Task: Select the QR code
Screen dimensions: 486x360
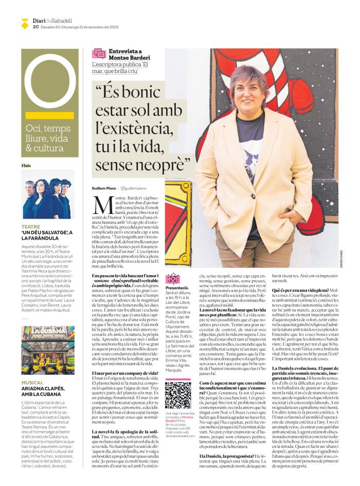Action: click(178, 395)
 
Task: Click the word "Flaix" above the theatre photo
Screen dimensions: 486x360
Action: click(26, 166)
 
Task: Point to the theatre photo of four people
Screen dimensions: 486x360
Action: click(48, 195)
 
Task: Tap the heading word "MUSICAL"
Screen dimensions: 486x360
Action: click(32, 383)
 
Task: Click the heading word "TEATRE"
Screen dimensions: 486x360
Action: click(30, 227)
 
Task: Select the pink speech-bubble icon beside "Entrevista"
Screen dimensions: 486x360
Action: click(99, 54)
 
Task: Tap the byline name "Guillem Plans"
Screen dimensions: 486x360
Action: click(104, 189)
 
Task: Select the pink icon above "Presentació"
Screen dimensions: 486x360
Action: click(172, 278)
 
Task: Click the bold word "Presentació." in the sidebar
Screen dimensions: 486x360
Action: click(177, 288)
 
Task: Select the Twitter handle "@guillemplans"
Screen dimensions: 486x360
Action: click(135, 189)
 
